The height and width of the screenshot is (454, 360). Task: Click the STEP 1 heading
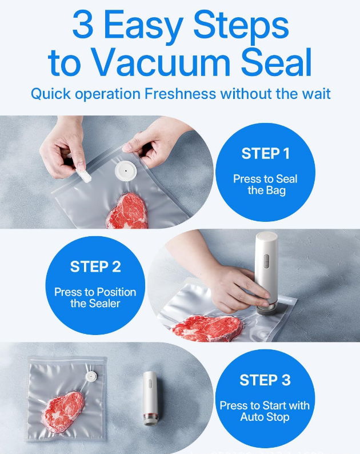[265, 154]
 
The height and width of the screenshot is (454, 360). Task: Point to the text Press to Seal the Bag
[265, 184]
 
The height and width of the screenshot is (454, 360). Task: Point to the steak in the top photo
[127, 210]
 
